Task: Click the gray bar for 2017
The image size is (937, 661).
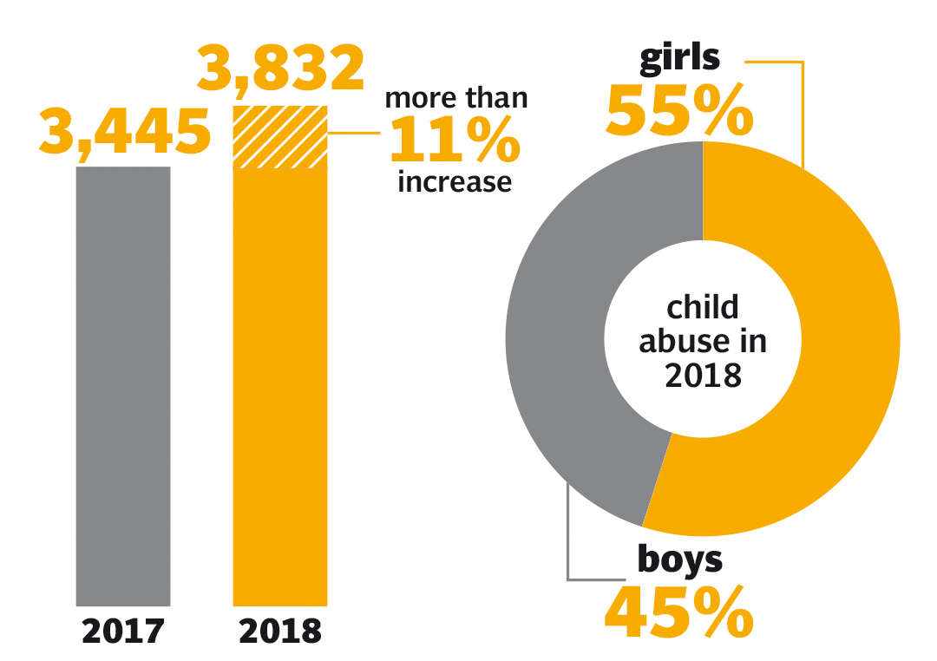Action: (123, 386)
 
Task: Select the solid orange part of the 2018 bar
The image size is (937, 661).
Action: (280, 386)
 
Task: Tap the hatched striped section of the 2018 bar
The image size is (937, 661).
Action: (280, 136)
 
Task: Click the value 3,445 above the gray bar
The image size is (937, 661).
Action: (125, 133)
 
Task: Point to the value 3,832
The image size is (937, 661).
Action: (280, 69)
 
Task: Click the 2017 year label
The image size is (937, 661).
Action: (123, 631)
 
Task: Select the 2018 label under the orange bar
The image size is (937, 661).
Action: (280, 631)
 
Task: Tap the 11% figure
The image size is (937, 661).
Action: (455, 141)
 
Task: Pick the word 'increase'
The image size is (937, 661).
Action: (455, 182)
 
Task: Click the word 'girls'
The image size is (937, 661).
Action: (680, 57)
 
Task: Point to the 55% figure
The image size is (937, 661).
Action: (680, 110)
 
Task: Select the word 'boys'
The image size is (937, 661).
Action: (680, 560)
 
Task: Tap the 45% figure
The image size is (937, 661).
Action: (678, 612)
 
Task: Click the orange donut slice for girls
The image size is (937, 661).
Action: (833, 347)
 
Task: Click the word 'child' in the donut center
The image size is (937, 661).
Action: (703, 307)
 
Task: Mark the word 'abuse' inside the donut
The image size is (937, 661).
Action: (673, 342)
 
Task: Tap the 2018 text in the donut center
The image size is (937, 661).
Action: (703, 376)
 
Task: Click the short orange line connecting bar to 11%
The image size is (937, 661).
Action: (356, 134)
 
